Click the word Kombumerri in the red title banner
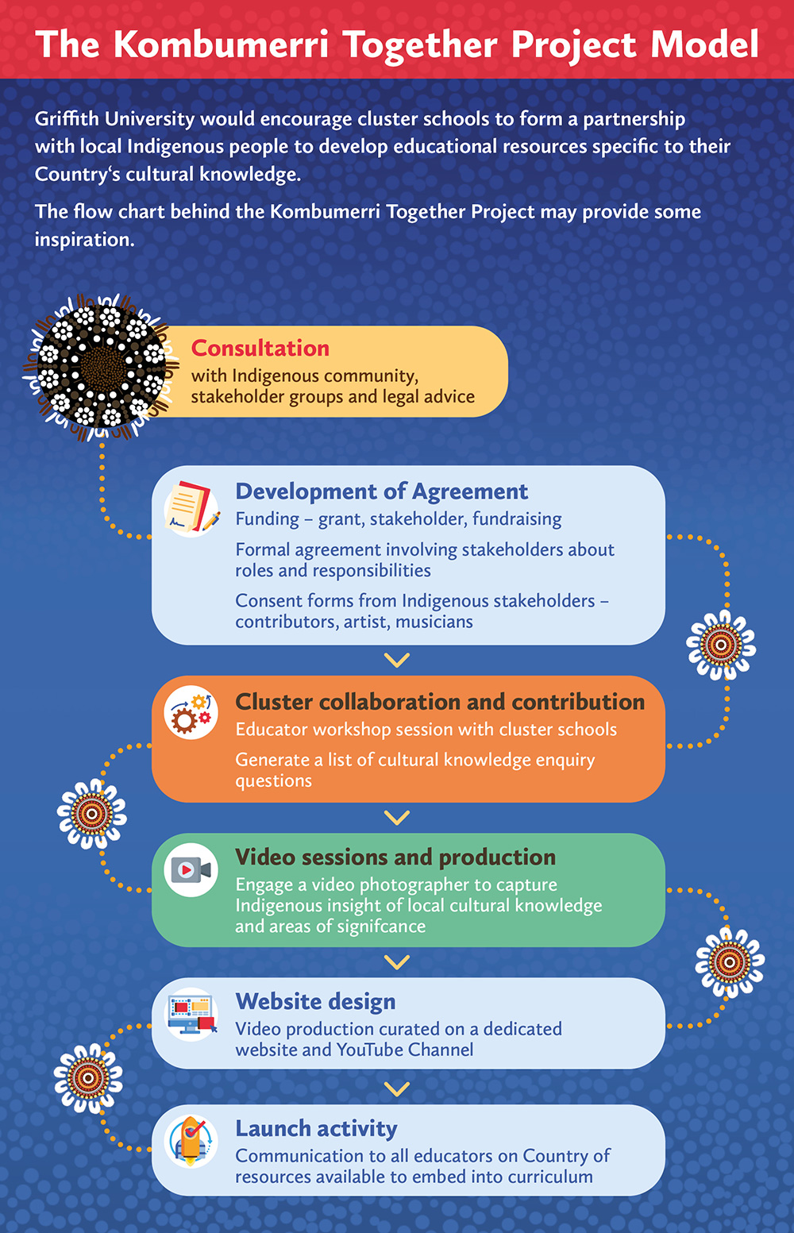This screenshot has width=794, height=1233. coord(220,44)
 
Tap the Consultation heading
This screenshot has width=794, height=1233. coord(260,349)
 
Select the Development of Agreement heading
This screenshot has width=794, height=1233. coord(381,491)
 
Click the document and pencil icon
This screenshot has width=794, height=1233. coord(191,507)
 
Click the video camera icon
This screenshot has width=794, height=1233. coord(191,870)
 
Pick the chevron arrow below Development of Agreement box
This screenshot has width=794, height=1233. coord(396,660)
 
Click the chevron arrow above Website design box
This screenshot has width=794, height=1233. coord(396,961)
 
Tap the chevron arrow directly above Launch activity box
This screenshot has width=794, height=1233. coord(396,1089)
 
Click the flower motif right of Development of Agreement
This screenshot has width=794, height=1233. coord(721,645)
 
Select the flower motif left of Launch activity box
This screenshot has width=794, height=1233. coord(88,1077)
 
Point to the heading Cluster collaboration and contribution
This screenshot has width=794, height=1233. coord(440,702)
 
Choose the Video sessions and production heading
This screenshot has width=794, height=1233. coord(395,857)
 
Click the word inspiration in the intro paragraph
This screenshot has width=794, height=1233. coord(83,240)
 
